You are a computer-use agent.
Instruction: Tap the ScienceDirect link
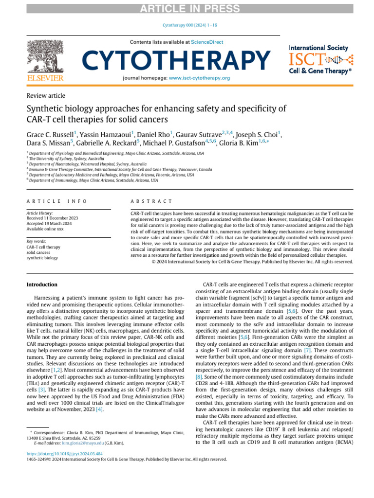point(207,42)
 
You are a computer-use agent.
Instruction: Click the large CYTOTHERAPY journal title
point(176,60)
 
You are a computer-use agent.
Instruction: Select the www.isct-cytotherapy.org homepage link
point(200,78)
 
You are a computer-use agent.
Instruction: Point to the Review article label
point(46,96)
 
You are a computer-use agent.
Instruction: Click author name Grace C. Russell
point(51,134)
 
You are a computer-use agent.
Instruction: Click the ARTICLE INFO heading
point(56,201)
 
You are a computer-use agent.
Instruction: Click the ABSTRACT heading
point(151,201)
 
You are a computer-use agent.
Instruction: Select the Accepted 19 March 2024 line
point(50,223)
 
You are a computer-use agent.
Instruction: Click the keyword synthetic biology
point(42,258)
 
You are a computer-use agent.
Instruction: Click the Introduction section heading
point(42,285)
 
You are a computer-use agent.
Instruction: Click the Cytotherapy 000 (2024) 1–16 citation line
point(187,28)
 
